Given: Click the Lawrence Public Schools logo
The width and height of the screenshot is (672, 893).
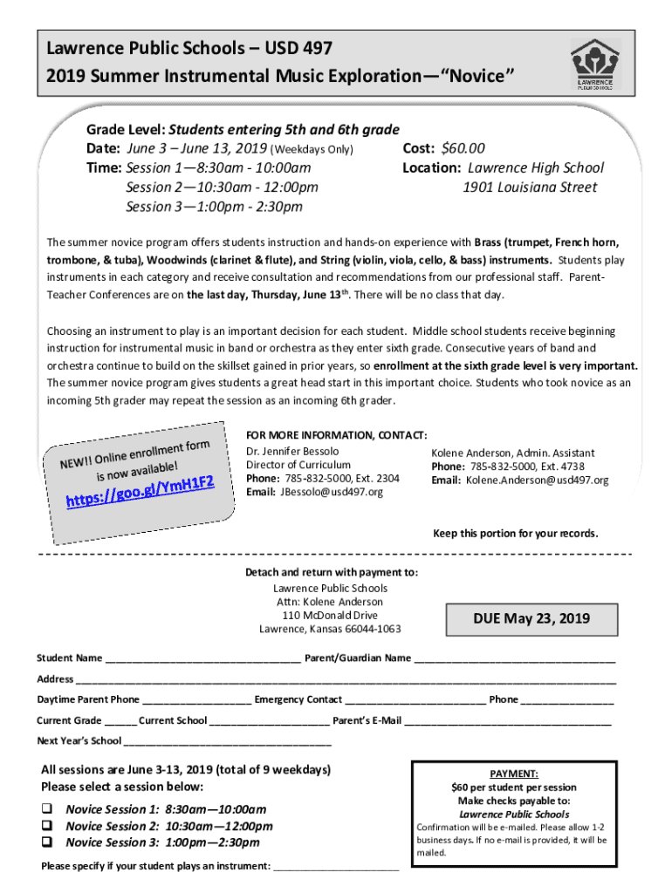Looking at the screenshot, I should (x=595, y=65).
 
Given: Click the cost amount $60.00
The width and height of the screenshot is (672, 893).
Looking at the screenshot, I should (x=463, y=148).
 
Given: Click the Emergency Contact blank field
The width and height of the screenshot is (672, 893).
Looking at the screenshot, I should (x=415, y=700).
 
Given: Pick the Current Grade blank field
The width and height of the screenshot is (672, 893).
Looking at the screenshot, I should (x=120, y=721).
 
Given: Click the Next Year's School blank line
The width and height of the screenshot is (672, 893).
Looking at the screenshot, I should (x=228, y=742).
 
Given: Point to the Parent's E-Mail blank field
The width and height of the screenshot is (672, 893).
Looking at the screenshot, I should (x=508, y=721).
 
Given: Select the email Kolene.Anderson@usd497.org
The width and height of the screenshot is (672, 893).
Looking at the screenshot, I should (x=537, y=481).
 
